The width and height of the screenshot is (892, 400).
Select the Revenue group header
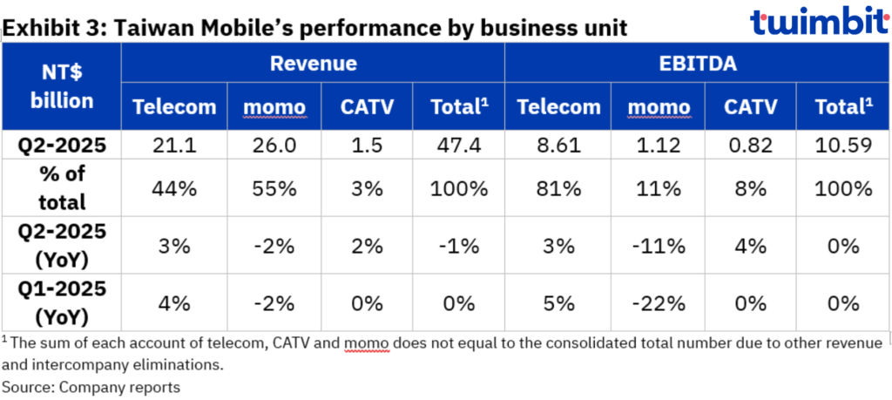(x=313, y=63)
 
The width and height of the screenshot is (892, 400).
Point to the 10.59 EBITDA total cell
(x=843, y=146)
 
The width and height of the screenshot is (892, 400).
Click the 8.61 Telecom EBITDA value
(x=558, y=146)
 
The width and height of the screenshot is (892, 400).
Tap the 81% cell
(x=558, y=188)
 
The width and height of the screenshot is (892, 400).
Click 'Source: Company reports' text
(x=91, y=385)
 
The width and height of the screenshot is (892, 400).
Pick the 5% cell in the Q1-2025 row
(x=558, y=304)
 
